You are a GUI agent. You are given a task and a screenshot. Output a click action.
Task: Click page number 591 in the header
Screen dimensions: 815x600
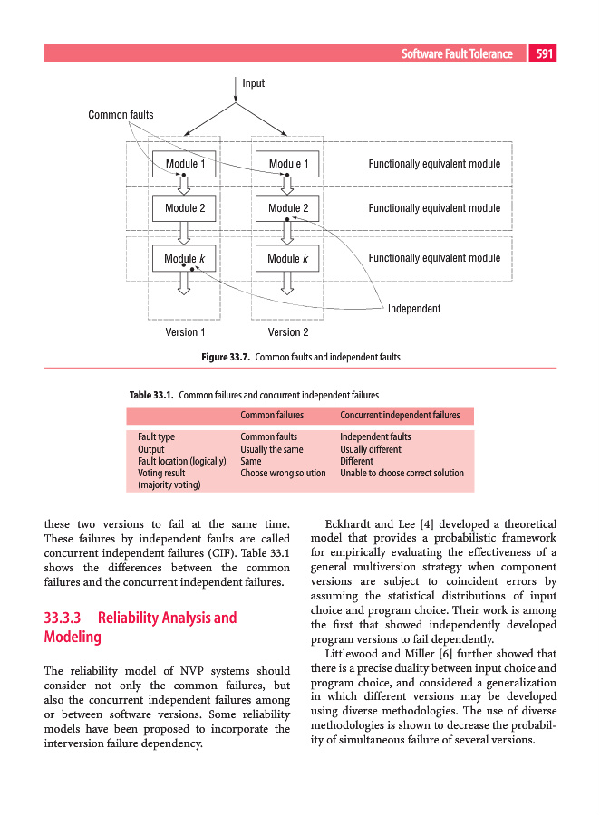544,54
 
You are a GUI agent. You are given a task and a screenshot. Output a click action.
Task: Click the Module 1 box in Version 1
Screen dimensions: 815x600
184,164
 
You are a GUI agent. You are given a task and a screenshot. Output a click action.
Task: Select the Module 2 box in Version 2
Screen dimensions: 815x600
288,208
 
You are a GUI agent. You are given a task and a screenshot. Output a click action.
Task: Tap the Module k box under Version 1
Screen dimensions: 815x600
184,259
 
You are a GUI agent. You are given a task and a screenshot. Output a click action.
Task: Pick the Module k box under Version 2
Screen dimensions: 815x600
288,259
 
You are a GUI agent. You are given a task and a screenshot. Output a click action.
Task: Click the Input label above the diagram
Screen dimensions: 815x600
254,83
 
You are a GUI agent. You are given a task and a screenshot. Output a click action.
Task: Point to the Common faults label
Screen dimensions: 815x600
121,115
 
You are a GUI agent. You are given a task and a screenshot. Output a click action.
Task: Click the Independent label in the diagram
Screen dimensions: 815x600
414,309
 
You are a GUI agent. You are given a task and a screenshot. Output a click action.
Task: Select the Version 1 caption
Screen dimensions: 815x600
185,332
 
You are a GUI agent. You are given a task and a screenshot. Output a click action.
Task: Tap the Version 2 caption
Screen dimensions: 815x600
288,332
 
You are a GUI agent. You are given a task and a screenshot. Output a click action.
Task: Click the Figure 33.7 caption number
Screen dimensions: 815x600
226,357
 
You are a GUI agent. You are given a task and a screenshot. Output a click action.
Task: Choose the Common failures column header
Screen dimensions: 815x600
271,416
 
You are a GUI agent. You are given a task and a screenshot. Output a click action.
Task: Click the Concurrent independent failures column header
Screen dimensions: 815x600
400,416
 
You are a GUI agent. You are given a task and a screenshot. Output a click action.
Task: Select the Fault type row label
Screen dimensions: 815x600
156,437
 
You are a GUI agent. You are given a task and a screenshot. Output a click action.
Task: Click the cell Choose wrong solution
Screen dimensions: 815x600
283,473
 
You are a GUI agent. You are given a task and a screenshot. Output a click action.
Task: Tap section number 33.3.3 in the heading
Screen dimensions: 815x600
63,618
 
